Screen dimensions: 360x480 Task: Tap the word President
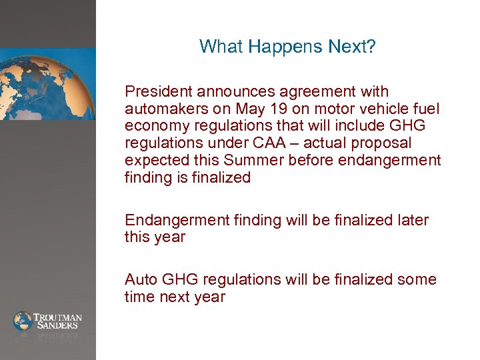pos(157,91)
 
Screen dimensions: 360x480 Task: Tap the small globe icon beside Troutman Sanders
pos(23,321)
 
